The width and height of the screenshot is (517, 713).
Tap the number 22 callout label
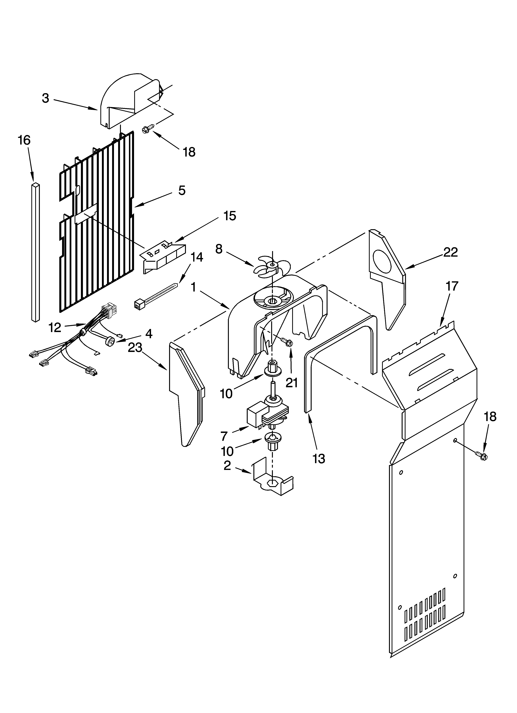tap(450, 252)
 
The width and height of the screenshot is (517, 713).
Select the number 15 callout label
tap(229, 216)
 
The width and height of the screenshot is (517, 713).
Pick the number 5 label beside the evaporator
tap(182, 190)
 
